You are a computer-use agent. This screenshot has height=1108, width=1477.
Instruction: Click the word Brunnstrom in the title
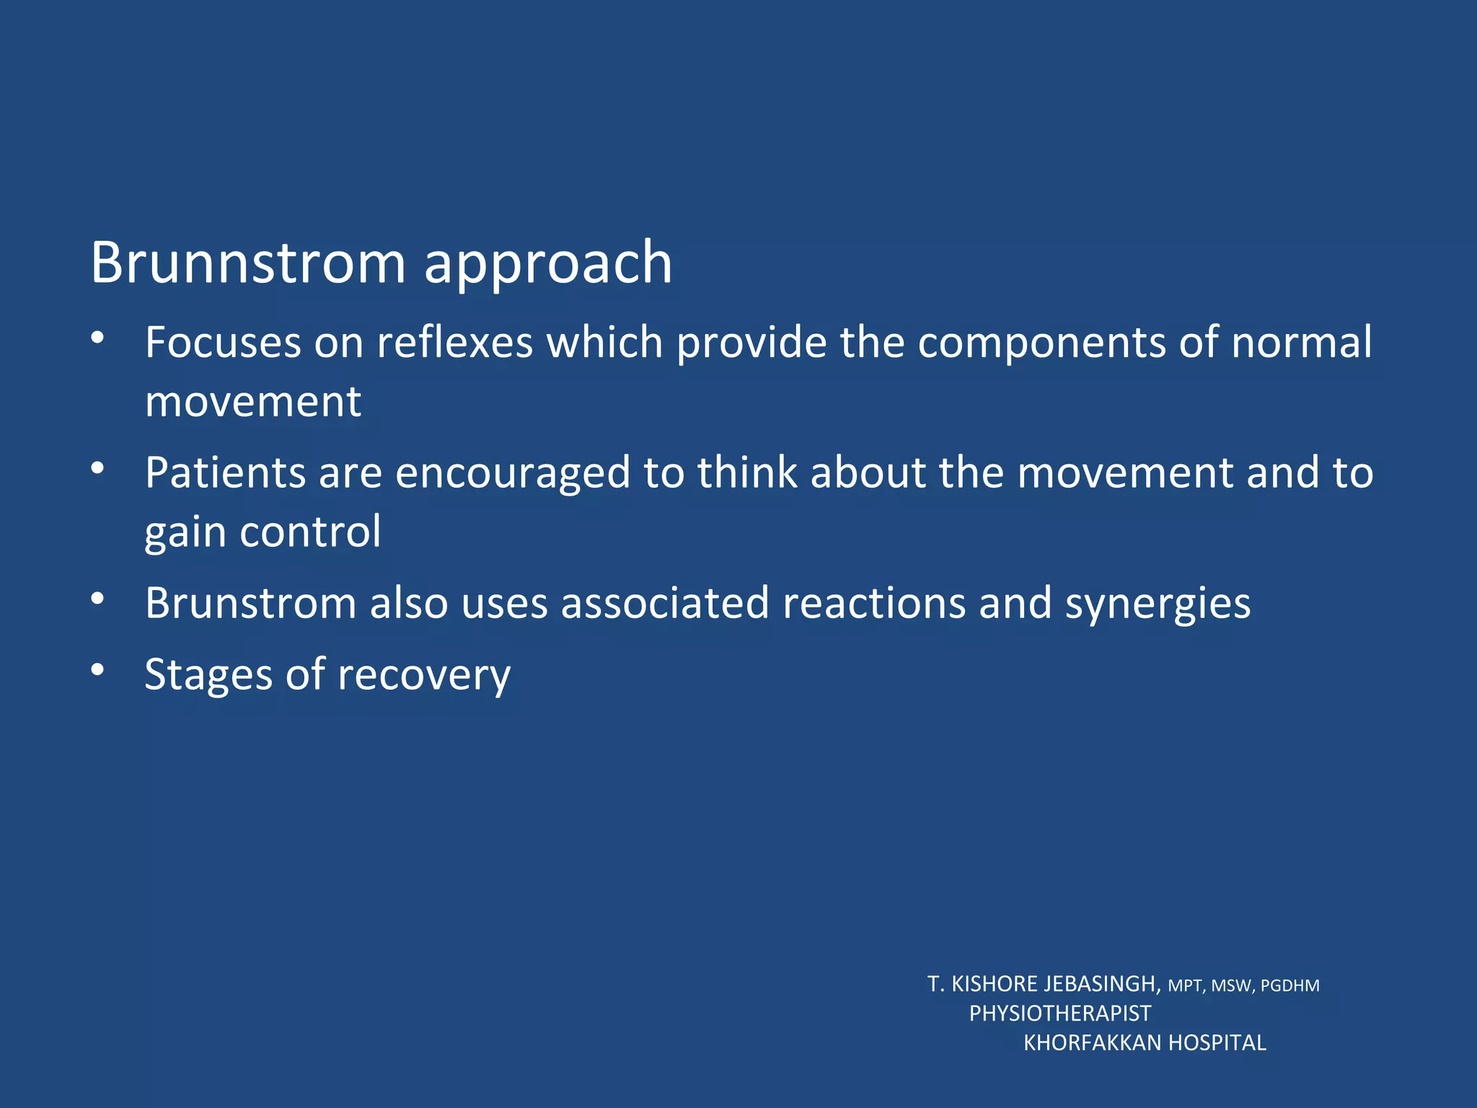pyautogui.click(x=248, y=263)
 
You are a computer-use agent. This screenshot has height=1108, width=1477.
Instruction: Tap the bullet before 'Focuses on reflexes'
pyautogui.click(x=98, y=337)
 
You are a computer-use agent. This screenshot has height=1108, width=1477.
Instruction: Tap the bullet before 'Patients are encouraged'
pyautogui.click(x=98, y=468)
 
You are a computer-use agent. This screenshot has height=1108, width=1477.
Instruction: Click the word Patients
pyautogui.click(x=225, y=473)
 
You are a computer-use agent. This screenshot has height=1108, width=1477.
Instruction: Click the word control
pyautogui.click(x=310, y=532)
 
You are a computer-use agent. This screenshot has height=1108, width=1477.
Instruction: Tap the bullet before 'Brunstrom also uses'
pyautogui.click(x=98, y=598)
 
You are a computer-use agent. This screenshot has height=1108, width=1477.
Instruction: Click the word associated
pyautogui.click(x=665, y=603)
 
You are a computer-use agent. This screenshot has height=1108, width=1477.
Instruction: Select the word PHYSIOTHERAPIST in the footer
pyautogui.click(x=1059, y=1014)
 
